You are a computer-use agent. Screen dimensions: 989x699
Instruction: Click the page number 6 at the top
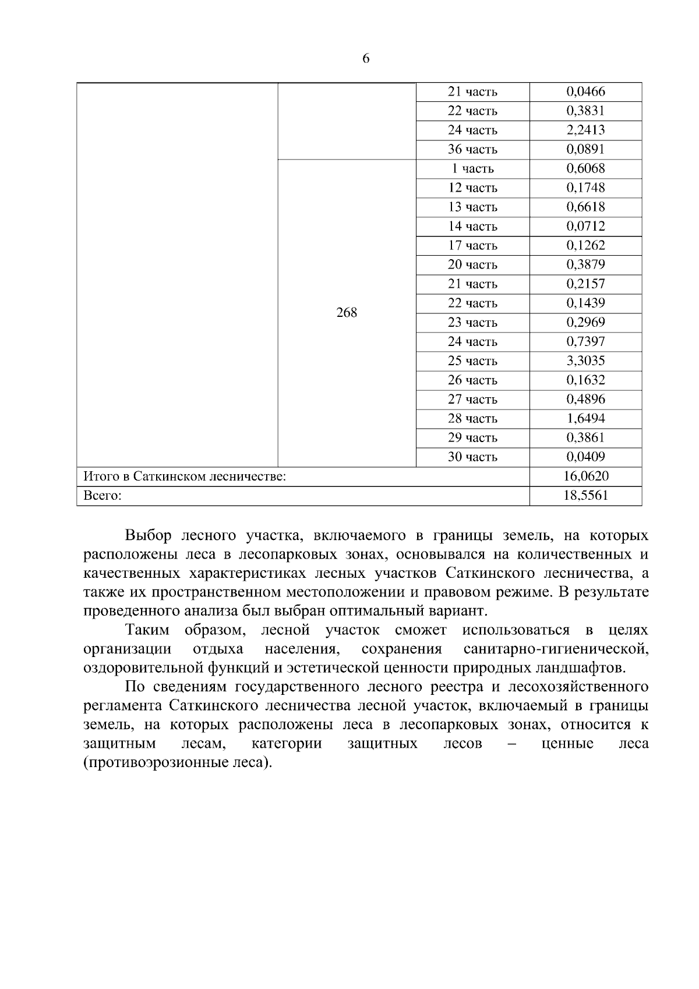coord(366,58)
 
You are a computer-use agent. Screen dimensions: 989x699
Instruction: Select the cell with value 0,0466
coord(585,91)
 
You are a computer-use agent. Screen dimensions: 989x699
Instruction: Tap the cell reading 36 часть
coord(472,149)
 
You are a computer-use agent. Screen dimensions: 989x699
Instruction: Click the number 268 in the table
coord(347,313)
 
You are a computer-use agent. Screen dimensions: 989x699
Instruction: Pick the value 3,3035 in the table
coord(585,361)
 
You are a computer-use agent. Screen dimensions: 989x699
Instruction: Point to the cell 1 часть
coord(472,168)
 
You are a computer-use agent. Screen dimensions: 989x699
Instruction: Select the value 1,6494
coord(585,418)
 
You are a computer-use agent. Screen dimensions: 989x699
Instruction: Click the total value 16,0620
coord(585,476)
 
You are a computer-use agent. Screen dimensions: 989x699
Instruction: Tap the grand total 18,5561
coord(585,496)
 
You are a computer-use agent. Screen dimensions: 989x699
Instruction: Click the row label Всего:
coord(103,496)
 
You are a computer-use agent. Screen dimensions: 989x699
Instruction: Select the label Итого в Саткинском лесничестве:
coord(185,476)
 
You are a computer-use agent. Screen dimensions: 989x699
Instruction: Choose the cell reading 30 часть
coord(472,457)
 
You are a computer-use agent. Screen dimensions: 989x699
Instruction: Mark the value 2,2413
coord(585,130)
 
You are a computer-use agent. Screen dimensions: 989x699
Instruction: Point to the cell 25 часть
coord(472,361)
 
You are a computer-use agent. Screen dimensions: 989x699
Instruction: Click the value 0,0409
coord(585,457)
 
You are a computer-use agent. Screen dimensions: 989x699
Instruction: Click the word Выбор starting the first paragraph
coord(149,535)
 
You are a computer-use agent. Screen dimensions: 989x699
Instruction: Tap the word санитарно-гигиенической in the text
coord(556,649)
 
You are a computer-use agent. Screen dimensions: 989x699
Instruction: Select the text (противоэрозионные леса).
coord(178,762)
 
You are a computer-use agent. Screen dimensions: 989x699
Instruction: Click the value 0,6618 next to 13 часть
coord(585,207)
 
